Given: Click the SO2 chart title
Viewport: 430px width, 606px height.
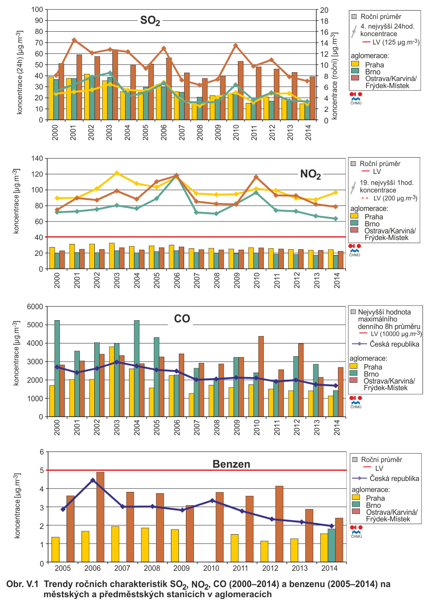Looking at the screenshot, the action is click(150, 21).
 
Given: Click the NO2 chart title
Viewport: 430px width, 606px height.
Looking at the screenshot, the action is click(311, 174).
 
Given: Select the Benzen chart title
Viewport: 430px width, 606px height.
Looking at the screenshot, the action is click(231, 464).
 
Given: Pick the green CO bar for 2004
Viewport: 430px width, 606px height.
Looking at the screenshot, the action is click(137, 369).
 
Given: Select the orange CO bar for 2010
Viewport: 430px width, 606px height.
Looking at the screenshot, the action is click(261, 376).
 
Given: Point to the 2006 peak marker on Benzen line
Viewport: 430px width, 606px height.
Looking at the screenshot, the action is click(93, 480).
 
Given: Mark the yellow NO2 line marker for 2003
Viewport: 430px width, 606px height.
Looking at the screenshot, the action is click(117, 173).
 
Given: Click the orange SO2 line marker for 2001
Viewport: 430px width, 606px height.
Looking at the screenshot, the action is click(74, 40).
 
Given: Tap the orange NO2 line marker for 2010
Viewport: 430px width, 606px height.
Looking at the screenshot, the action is click(256, 177).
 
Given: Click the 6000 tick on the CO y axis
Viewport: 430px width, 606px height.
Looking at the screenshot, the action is click(35, 307).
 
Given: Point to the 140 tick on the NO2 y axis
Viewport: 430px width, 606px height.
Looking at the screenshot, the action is click(37, 158).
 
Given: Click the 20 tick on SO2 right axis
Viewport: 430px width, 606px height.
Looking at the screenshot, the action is click(324, 10).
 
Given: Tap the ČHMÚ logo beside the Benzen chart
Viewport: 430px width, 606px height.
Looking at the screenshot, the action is click(356, 532).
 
